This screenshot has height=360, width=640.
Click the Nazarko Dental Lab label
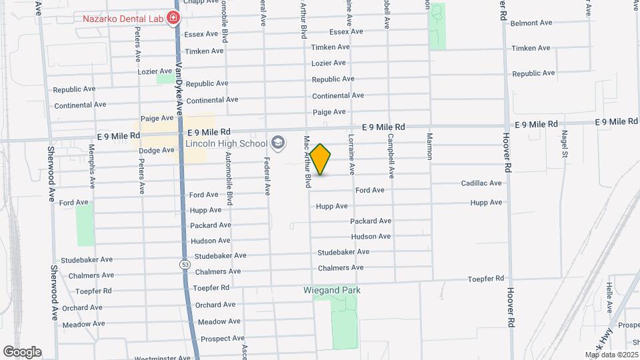tap(123, 18)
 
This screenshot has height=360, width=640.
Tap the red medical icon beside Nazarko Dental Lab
tap(173, 18)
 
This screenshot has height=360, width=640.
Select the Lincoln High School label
tap(226, 143)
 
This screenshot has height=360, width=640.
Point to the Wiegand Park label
tap(332, 290)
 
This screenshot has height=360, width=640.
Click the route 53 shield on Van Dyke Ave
tap(185, 265)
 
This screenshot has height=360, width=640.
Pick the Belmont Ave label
tap(531, 23)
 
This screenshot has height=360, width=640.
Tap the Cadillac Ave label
tap(481, 183)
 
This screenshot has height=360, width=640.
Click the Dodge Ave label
tap(156, 150)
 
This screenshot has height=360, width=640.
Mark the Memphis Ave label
tap(93, 175)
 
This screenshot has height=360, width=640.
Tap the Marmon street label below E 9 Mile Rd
tap(429, 147)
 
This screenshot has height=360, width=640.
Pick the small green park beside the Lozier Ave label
tap(164, 79)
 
